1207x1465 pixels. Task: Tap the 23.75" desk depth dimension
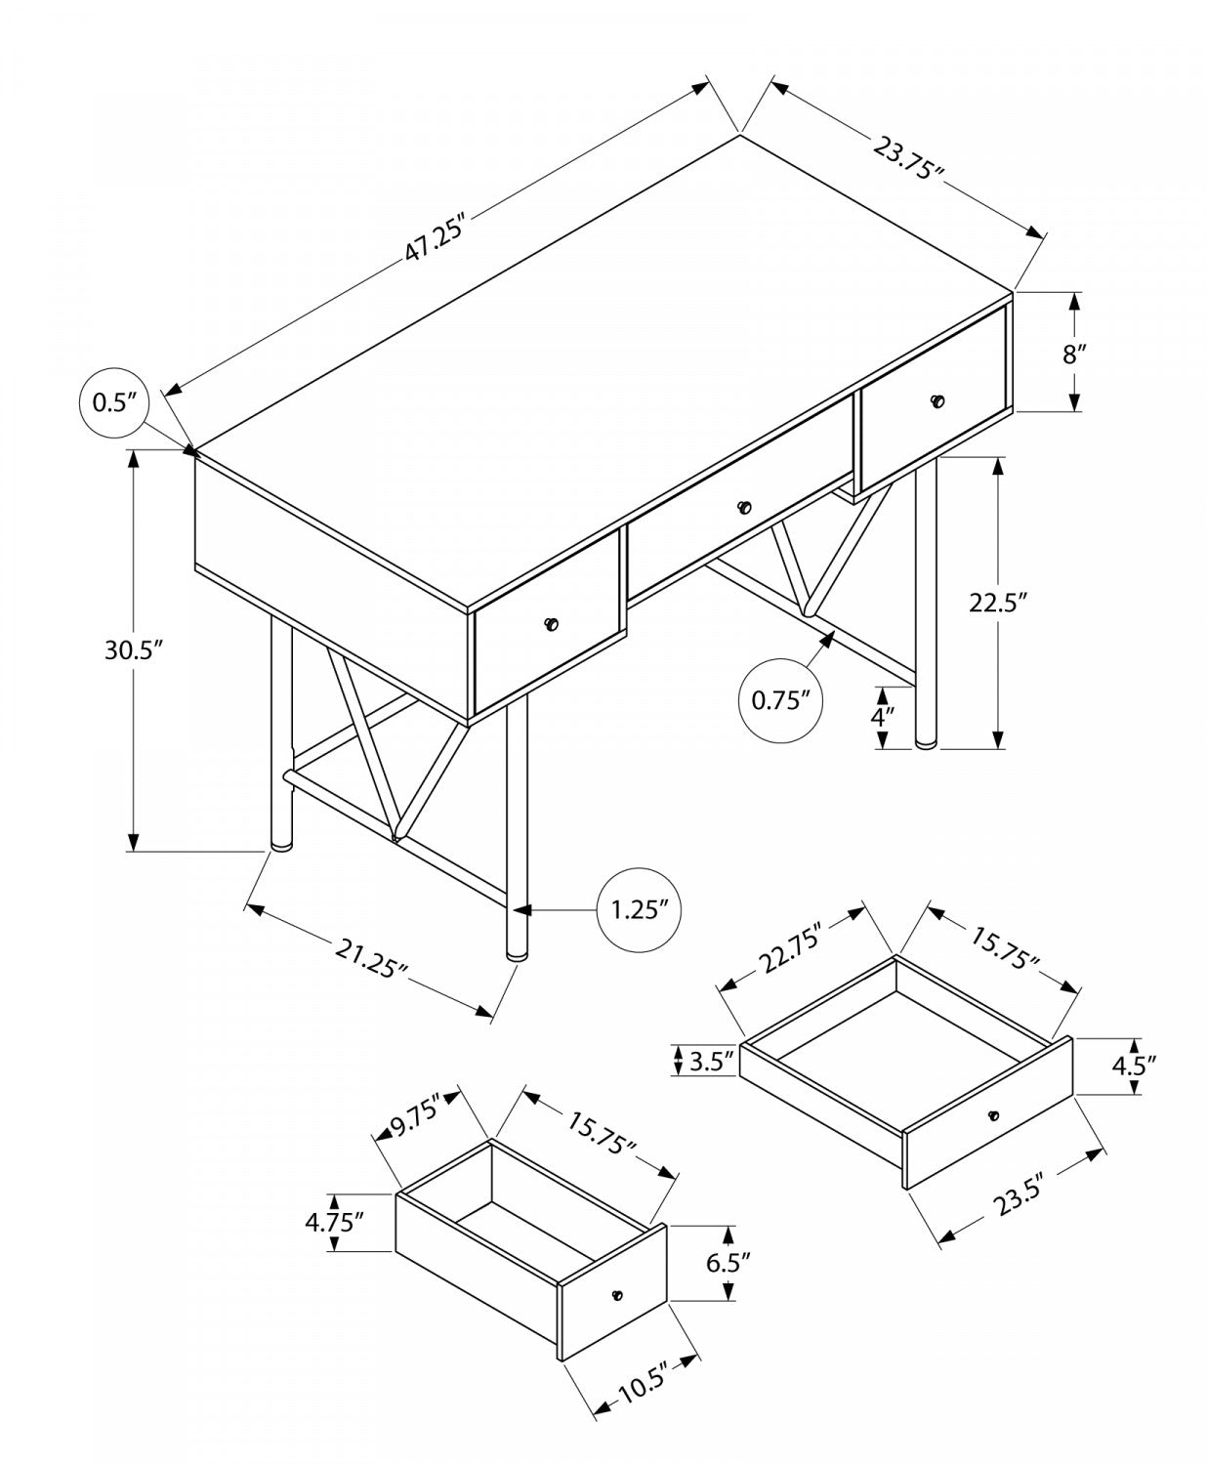pyautogui.click(x=907, y=162)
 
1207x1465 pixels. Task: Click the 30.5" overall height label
pyautogui.click(x=132, y=650)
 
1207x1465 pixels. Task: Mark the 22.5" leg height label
pyautogui.click(x=998, y=603)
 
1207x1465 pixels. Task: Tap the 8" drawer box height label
pyautogui.click(x=1074, y=353)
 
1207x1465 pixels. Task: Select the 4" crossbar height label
pyautogui.click(x=882, y=716)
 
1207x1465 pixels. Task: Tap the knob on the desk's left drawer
pyautogui.click(x=552, y=624)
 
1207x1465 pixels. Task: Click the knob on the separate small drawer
pyautogui.click(x=615, y=1295)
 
